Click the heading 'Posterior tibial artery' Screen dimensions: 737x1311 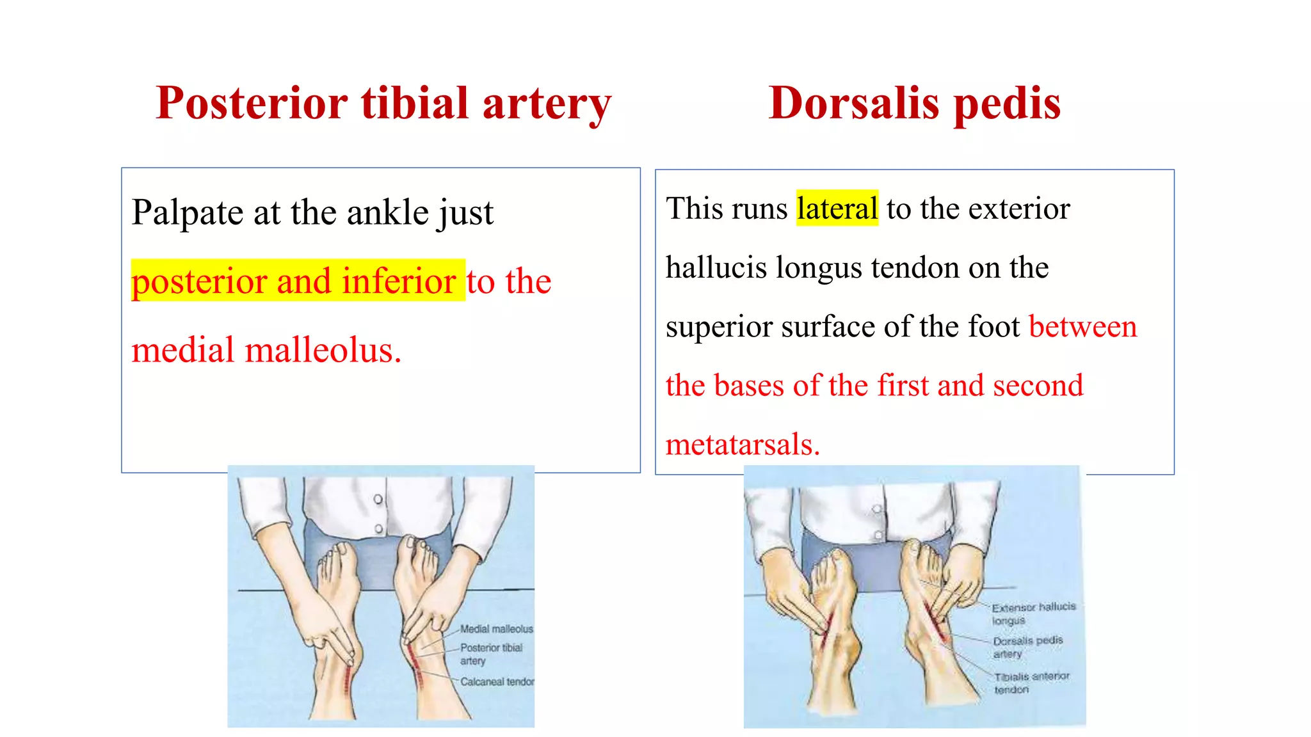(x=383, y=103)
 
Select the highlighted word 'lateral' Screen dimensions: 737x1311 (x=837, y=209)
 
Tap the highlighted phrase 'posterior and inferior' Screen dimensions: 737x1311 (x=294, y=281)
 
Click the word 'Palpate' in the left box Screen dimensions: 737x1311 (x=187, y=212)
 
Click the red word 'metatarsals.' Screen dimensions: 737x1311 (x=743, y=444)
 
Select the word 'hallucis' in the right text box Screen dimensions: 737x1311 (x=716, y=267)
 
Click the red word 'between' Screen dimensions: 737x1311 (x=1082, y=326)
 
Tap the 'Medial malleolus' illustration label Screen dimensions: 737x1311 (x=496, y=629)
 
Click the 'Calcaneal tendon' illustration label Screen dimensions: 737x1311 (x=497, y=682)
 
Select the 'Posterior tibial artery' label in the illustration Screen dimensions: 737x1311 (x=491, y=654)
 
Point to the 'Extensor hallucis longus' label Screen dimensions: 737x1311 (x=1033, y=613)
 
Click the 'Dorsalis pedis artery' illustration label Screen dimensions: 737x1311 (x=1027, y=647)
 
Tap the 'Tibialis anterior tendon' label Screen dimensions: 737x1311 (x=1031, y=683)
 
